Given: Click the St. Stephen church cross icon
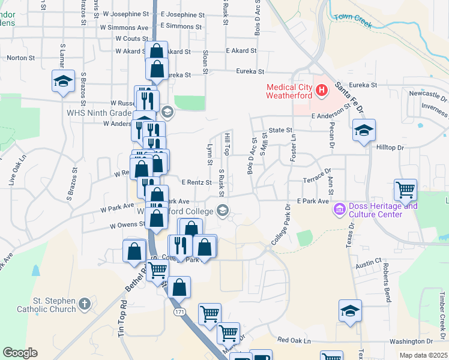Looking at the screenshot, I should click(85, 304).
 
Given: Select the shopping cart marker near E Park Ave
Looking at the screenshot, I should click(406, 190).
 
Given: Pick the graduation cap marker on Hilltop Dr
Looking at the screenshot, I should click(363, 130).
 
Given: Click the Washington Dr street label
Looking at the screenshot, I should click(394, 341).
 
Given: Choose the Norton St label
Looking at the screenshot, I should click(20, 58).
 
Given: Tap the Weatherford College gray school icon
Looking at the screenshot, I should click(223, 209).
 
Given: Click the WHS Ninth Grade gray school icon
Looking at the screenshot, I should click(167, 111).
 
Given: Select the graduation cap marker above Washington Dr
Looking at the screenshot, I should click(350, 311).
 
